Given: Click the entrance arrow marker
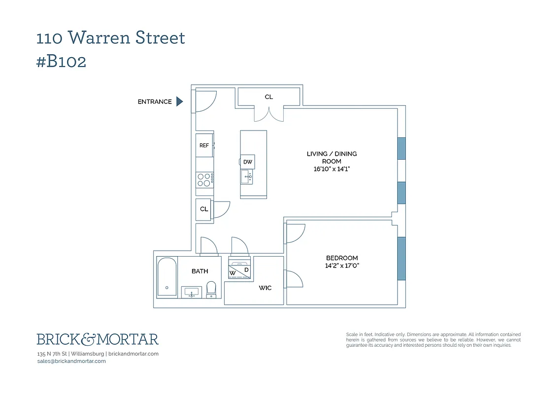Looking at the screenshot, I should click(180, 101).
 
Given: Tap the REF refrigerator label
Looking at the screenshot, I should click(204, 145).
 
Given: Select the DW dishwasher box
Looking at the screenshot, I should click(248, 162).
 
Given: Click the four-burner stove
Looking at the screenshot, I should click(204, 179).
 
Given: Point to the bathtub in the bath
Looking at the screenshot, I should click(166, 277).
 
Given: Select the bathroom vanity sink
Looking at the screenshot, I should click(191, 293).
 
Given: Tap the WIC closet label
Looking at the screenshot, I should click(265, 288).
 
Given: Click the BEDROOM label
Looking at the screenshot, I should click(342, 258).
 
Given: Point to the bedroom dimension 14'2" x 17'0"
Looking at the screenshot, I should click(342, 266).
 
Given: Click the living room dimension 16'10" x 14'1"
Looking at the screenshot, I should click(331, 169).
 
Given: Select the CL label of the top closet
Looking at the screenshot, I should click(268, 97).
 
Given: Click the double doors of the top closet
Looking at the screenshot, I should click(269, 114).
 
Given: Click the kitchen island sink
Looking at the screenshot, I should click(246, 176).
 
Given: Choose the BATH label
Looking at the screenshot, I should click(199, 271).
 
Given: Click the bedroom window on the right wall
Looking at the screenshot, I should click(401, 259).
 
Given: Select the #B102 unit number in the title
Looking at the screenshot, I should click(62, 62).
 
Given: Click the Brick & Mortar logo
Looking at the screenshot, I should click(98, 339).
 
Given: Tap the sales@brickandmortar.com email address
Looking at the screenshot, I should click(71, 361).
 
